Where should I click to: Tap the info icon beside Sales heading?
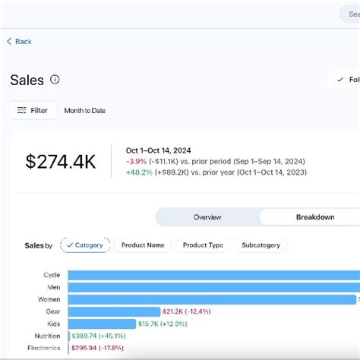tap(55, 80)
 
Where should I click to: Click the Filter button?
tap(33, 111)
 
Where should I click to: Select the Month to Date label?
tap(84, 111)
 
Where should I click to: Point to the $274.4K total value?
tap(60, 161)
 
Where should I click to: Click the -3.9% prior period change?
tap(137, 162)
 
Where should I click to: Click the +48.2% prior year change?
tap(138, 173)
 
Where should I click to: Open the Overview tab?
tap(207, 217)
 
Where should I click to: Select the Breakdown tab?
tap(314, 217)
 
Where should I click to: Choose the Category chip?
tap(85, 245)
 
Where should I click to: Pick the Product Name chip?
tap(143, 245)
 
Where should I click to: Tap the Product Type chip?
tap(204, 245)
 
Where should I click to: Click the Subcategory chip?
tap(261, 245)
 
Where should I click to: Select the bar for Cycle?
tap(213, 275)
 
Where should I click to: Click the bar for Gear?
tap(114, 311)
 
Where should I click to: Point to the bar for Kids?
tap(102, 324)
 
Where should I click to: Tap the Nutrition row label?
tap(48, 336)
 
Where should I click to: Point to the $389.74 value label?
tap(84, 336)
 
